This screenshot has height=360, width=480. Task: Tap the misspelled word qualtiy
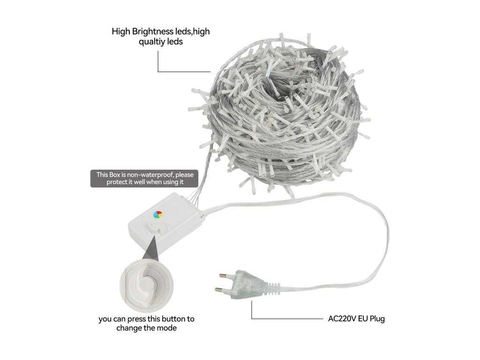tap(152, 42)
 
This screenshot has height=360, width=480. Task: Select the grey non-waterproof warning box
tap(144, 179)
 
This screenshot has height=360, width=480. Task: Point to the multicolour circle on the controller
tap(157, 214)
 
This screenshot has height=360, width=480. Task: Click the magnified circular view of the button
tap(146, 285)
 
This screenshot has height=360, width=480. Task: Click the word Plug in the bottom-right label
tap(377, 319)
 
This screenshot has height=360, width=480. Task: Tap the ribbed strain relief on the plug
tap(273, 289)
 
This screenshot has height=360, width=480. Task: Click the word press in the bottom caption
tap(136, 319)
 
